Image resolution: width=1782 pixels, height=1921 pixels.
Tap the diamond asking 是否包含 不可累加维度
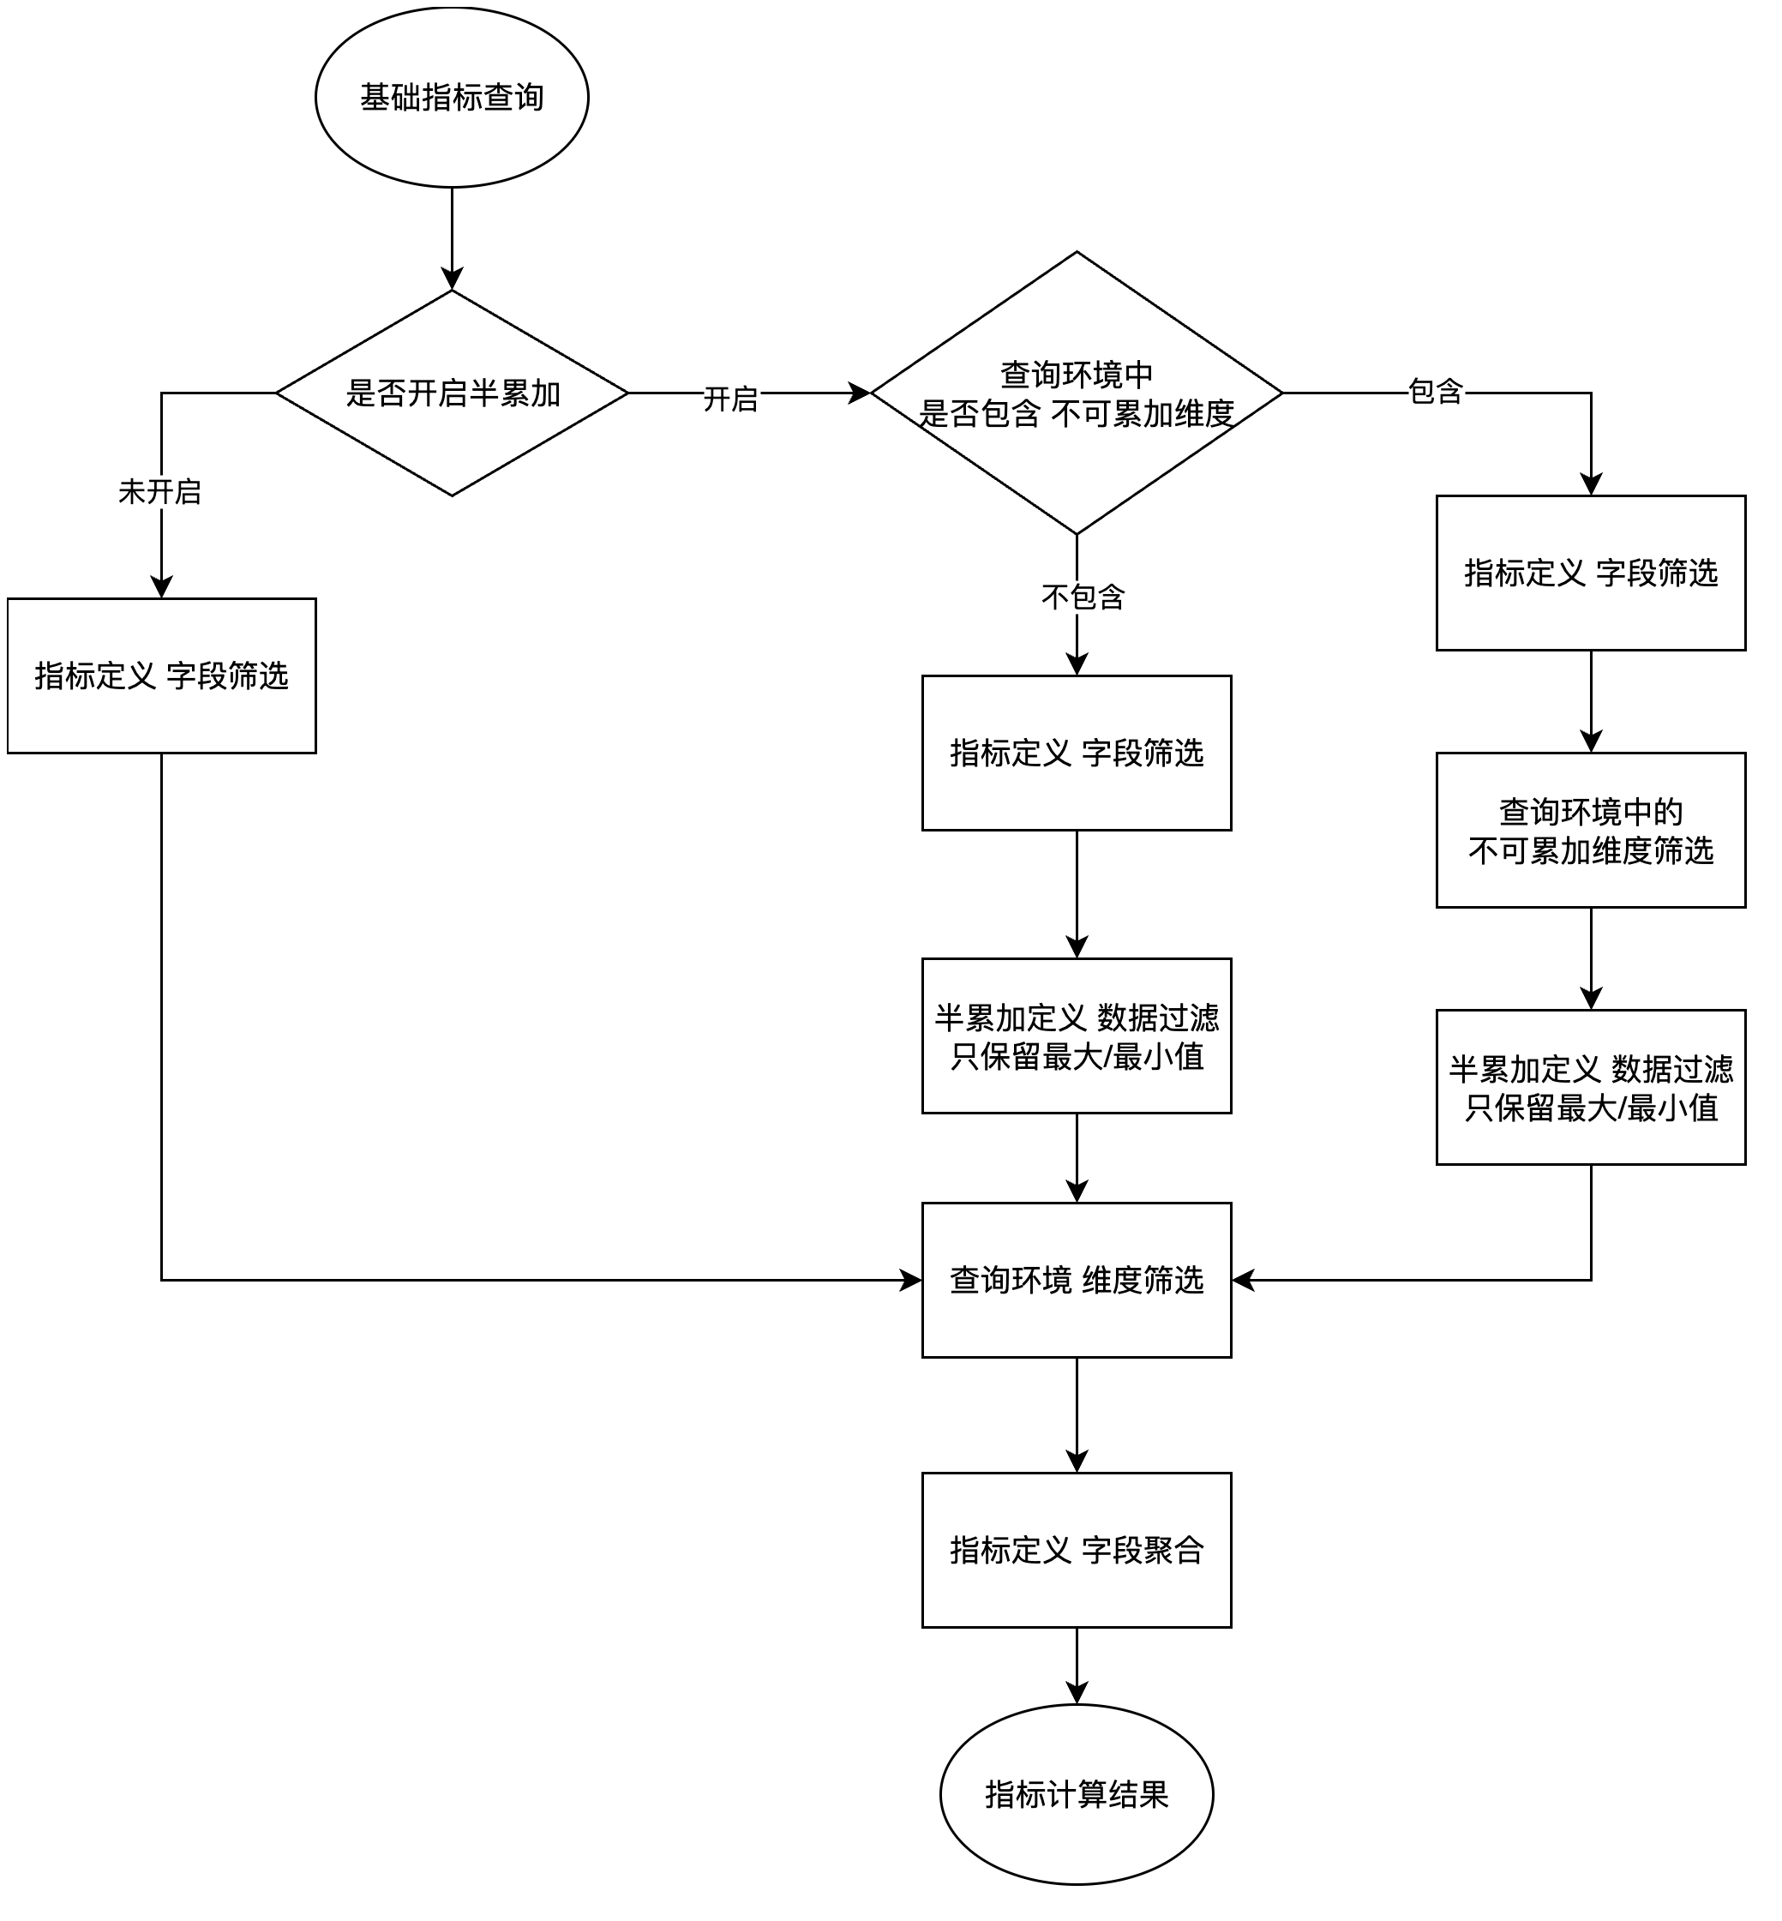[1077, 393]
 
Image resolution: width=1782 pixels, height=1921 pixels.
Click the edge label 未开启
[160, 492]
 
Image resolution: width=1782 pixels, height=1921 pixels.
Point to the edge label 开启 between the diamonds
[730, 399]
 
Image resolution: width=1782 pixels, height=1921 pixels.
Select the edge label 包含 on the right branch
[1436, 392]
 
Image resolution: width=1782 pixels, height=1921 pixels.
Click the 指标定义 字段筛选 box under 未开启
[161, 676]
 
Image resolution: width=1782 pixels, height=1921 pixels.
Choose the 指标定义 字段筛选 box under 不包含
[1077, 753]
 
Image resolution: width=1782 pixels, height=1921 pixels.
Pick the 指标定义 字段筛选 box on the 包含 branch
[1590, 573]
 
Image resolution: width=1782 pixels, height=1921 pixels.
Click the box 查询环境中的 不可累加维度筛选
[1590, 831]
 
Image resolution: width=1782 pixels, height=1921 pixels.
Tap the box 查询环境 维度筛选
[1077, 1281]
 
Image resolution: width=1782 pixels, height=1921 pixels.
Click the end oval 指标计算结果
[1077, 1795]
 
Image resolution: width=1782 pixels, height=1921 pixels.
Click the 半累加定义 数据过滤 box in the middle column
[1077, 1036]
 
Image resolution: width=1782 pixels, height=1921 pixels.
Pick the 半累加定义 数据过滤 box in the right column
[1590, 1088]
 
